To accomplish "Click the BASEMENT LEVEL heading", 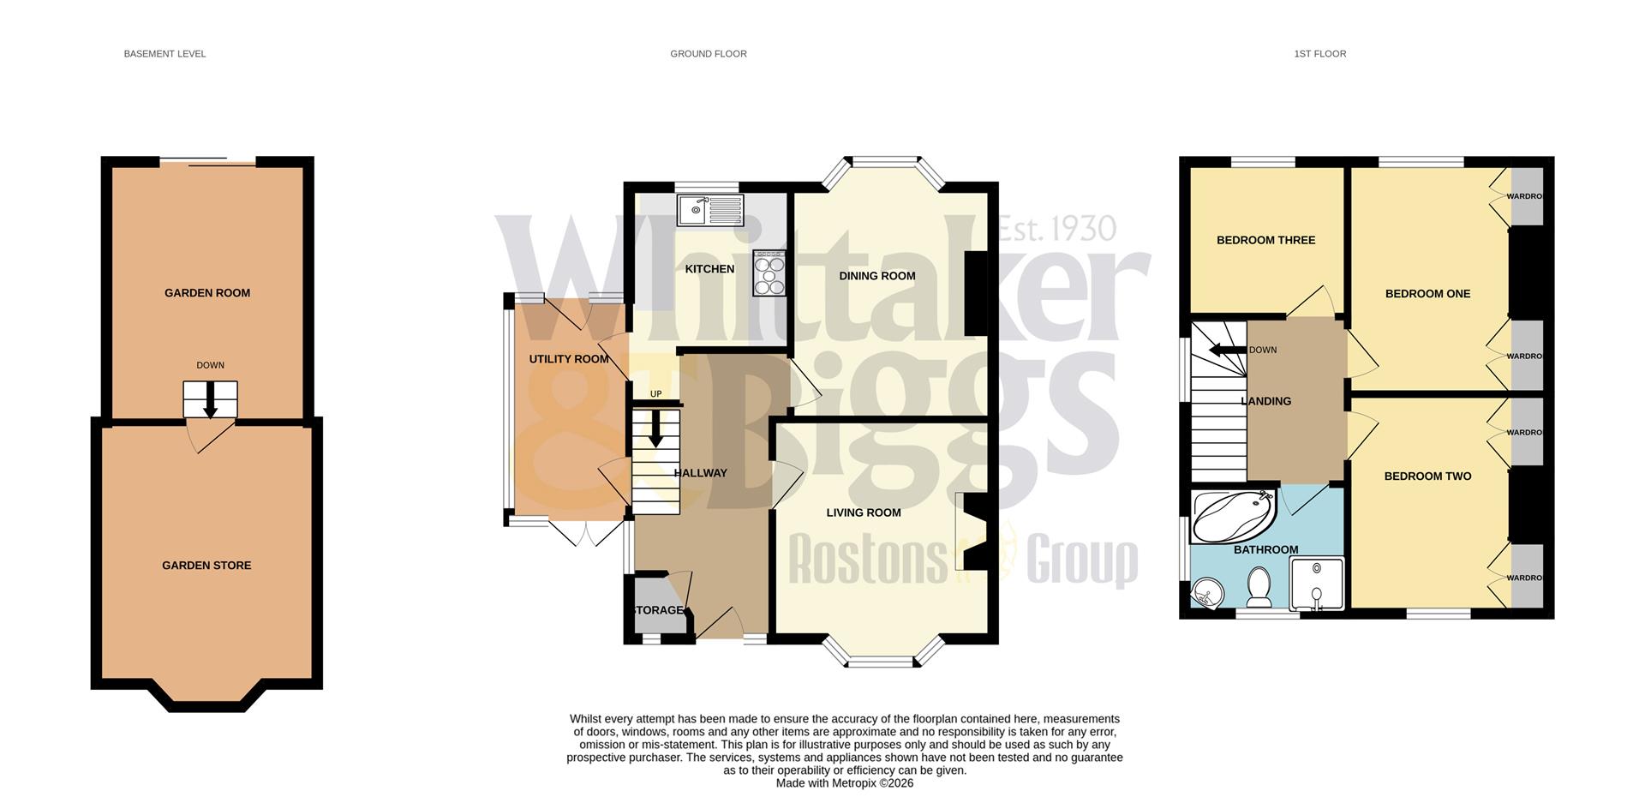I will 164,54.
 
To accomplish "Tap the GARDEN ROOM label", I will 207,293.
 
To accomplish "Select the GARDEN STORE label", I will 206,566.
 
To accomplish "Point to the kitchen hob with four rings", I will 769,273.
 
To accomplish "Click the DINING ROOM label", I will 876,276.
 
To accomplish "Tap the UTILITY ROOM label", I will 568,359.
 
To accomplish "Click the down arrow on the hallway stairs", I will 655,429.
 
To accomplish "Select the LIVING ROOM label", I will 863,512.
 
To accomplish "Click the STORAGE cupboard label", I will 658,610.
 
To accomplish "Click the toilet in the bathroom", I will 1259,585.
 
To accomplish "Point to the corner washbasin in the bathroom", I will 1207,591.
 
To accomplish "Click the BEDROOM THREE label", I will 1265,240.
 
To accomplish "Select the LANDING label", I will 1265,401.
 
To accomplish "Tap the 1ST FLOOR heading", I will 1319,54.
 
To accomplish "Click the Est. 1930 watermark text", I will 1057,229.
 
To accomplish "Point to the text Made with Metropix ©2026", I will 844,783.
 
